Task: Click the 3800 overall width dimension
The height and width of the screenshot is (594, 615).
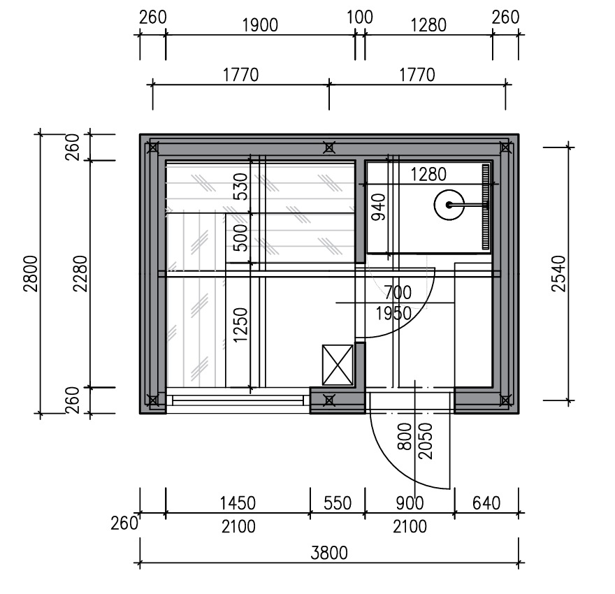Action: click(329, 553)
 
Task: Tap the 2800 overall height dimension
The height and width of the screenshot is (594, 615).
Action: click(31, 274)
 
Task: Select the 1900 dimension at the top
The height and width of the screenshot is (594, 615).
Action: click(260, 25)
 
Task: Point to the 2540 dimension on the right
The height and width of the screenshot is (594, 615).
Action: click(559, 274)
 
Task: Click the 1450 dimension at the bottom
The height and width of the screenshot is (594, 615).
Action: click(238, 503)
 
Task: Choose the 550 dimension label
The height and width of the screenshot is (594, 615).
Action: click(338, 503)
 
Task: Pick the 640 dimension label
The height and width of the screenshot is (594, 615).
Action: click(486, 503)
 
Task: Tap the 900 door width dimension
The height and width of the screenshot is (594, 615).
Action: click(410, 503)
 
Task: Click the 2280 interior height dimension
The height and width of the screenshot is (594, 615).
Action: click(81, 274)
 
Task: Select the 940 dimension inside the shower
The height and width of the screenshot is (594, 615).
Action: click(379, 207)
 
